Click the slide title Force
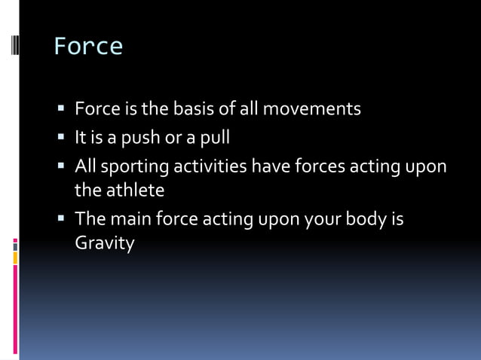pyautogui.click(x=87, y=47)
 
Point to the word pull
pyautogui.click(x=214, y=139)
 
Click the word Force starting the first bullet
pyautogui.click(x=97, y=109)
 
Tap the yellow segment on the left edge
pyautogui.click(x=15, y=258)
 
